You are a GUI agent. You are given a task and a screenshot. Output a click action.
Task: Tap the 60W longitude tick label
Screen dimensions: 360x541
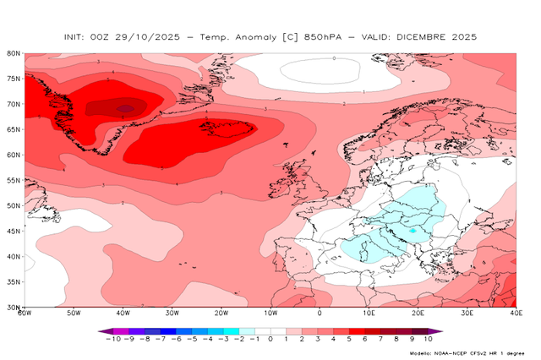(25, 314)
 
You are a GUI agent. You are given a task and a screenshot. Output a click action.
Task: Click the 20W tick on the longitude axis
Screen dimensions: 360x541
(221, 314)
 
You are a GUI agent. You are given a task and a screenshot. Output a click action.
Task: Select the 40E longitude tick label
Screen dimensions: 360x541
(516, 314)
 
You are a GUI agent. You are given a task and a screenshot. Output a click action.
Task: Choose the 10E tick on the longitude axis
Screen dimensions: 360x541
(369, 314)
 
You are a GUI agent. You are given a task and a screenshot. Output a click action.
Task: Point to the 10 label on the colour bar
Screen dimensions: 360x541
(428, 340)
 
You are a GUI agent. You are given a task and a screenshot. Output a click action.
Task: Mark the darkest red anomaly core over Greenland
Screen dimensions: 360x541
(125, 108)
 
